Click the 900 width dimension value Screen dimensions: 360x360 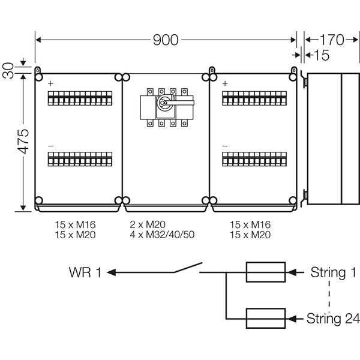[166, 40]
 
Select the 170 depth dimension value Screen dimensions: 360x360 [331, 40]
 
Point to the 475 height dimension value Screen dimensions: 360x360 [22, 142]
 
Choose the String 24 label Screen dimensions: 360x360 [332, 318]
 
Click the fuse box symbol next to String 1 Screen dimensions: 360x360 [265, 272]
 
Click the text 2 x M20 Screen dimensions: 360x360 [148, 224]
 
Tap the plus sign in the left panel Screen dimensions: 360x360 [50, 83]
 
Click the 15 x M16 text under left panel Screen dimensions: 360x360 [75, 224]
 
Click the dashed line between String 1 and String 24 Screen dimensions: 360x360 [329, 295]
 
